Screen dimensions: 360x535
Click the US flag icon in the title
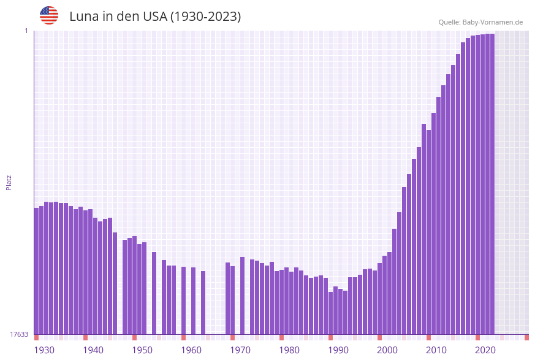coord(49,15)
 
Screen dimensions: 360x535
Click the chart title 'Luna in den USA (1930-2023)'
coord(155,17)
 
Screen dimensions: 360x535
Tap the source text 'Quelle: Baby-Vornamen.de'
coord(480,22)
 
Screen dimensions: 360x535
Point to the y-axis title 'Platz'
coord(9,182)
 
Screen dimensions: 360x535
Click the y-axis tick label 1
coord(26,31)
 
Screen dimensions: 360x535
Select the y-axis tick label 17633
coord(19,334)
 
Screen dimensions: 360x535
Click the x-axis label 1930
coord(44,350)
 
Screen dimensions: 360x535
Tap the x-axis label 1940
coord(93,350)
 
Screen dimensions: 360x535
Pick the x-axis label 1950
coord(142,350)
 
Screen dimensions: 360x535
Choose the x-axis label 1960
coord(191,350)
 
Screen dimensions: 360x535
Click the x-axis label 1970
coord(240,350)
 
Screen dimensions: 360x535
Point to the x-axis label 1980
coord(289,350)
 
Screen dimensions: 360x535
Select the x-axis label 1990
coord(338,350)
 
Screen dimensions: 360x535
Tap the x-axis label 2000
coord(387,350)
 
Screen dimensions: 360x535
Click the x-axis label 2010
coord(436,350)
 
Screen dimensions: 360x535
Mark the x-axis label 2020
coord(485,350)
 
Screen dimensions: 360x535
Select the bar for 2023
coord(492,184)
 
